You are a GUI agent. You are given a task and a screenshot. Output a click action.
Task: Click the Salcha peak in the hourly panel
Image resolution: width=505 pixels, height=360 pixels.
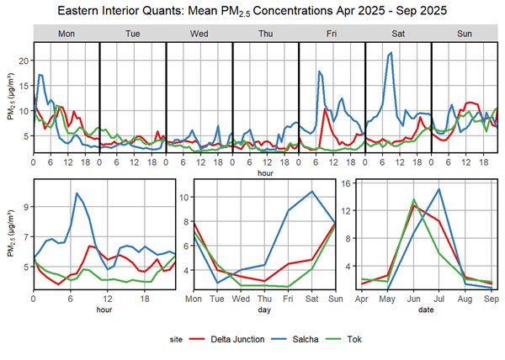point(77,193)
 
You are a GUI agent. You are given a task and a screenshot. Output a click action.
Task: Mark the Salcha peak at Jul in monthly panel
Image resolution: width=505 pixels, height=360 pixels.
point(439,189)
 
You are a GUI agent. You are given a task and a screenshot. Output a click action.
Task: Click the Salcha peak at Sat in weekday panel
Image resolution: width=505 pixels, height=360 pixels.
point(311,192)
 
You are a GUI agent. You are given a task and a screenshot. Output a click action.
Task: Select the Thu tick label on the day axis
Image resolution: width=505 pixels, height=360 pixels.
point(264,299)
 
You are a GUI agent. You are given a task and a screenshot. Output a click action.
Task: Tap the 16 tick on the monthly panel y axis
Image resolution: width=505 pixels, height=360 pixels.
point(353,183)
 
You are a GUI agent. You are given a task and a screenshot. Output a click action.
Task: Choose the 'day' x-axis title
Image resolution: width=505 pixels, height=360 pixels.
point(265,310)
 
